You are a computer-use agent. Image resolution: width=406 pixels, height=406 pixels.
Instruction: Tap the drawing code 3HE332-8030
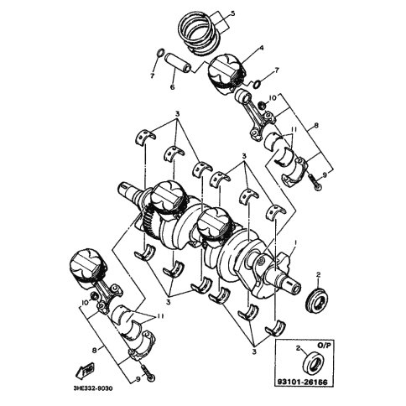tap(92, 389)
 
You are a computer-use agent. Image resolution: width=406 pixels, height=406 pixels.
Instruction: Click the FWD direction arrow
tap(86, 370)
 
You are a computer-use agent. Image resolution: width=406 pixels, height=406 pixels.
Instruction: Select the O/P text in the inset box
tap(324, 345)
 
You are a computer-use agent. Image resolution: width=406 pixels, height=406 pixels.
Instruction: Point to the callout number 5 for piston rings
tap(233, 13)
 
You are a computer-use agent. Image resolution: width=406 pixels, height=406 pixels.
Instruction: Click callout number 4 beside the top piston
tap(262, 48)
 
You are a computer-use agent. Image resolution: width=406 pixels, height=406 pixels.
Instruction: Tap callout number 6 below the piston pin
tap(173, 87)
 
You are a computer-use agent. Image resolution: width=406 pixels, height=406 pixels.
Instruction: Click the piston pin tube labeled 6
tap(177, 63)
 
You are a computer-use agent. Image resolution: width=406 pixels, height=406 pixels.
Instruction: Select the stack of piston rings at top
tap(199, 34)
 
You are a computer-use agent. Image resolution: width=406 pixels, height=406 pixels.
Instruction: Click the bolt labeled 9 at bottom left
tap(148, 373)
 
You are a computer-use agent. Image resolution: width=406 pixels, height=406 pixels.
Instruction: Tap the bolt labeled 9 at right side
tap(314, 181)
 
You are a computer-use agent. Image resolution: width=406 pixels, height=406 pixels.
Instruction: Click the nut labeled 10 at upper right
tap(263, 106)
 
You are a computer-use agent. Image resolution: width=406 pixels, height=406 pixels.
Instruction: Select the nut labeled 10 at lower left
tap(94, 296)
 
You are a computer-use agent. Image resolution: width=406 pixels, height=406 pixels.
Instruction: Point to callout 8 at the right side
tap(316, 126)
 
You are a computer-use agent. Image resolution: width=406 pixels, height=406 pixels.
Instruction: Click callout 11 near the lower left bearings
tap(159, 316)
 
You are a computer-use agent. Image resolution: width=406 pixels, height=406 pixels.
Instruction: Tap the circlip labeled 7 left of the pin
tap(161, 52)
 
